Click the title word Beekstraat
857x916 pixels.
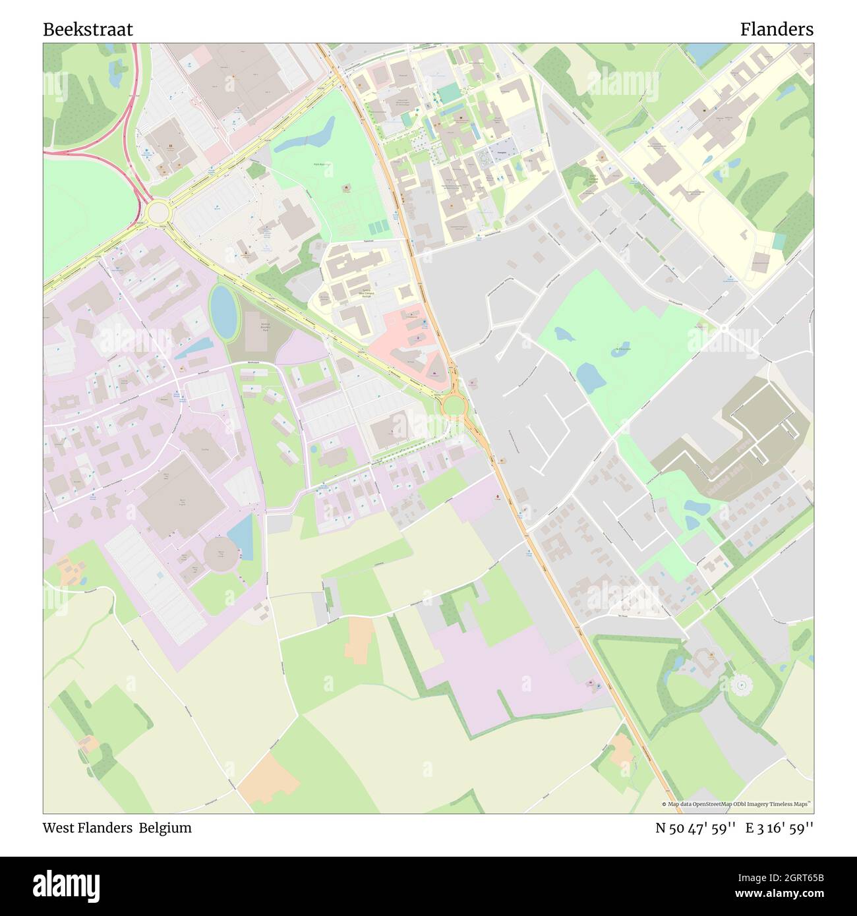pos(88,30)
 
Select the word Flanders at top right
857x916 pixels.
pos(776,30)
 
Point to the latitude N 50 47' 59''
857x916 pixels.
pos(695,828)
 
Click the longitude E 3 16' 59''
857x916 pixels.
pos(780,828)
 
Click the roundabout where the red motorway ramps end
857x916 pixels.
pos(157,212)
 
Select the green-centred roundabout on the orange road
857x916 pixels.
pos(454,405)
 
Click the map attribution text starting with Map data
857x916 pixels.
pos(737,804)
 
